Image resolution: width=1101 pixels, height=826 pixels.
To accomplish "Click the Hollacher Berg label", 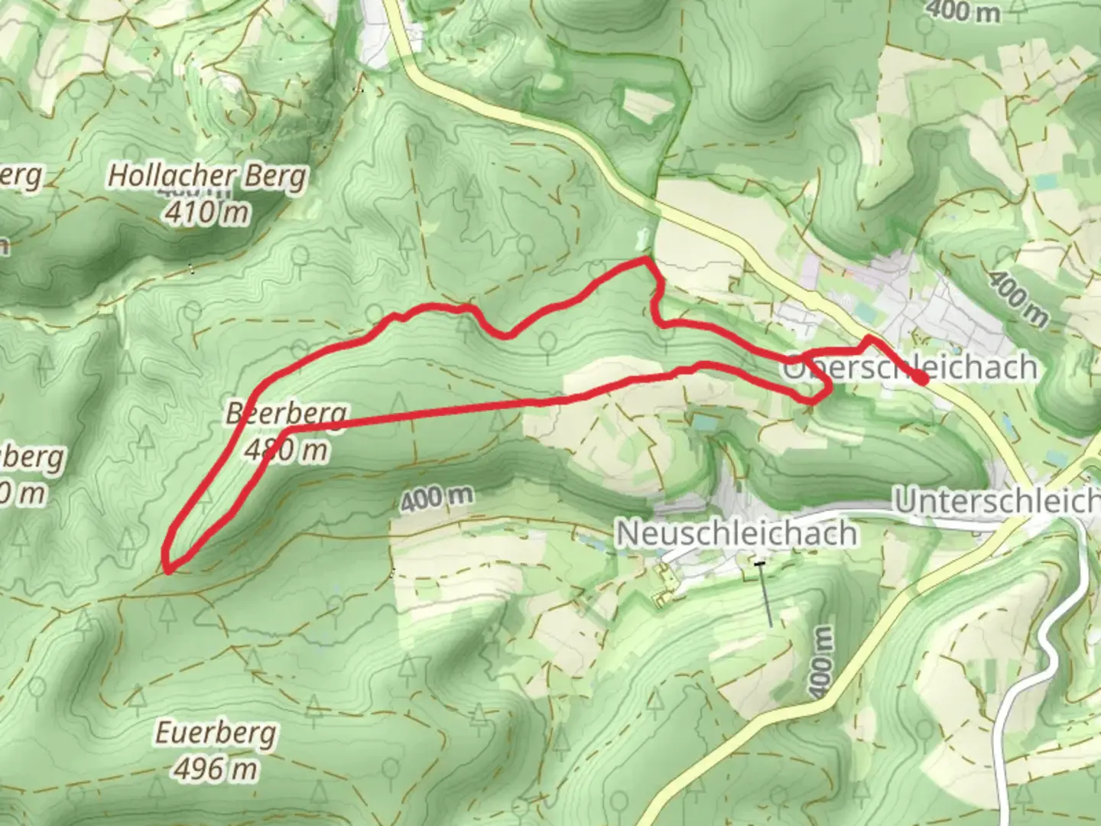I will click(x=206, y=176).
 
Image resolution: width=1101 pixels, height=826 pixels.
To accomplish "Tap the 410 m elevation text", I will click(x=206, y=212).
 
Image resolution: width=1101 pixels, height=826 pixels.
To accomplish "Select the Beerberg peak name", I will click(x=286, y=414).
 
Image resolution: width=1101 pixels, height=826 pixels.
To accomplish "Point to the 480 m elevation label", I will click(x=287, y=450).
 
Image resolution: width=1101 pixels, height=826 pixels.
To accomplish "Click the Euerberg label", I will click(x=216, y=733).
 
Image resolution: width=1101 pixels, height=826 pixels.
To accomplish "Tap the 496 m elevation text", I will click(x=216, y=769).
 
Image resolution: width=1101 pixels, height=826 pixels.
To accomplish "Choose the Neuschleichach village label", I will click(x=736, y=533).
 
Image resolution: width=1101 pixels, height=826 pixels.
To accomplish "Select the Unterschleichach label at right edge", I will click(x=997, y=502).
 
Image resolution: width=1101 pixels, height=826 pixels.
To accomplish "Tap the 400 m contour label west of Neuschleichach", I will click(x=436, y=499).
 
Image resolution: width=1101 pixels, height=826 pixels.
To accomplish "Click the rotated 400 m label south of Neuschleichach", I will click(x=820, y=662).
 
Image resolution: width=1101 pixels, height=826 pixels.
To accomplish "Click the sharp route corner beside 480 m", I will click(x=287, y=431).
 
